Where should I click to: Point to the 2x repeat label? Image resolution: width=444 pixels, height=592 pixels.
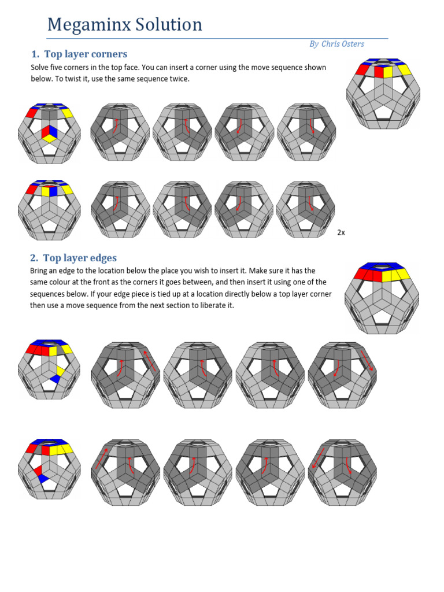tap(341, 232)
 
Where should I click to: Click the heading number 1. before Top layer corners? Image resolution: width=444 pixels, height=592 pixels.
tap(35, 54)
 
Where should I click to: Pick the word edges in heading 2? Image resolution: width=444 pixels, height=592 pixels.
tap(102, 258)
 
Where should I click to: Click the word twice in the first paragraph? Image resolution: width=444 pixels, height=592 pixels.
tap(177, 79)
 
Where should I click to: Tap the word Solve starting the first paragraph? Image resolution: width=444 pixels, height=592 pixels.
tap(40, 68)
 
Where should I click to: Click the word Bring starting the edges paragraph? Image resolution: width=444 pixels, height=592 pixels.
tap(40, 271)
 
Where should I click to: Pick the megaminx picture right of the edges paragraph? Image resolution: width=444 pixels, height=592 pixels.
tap(382, 298)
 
